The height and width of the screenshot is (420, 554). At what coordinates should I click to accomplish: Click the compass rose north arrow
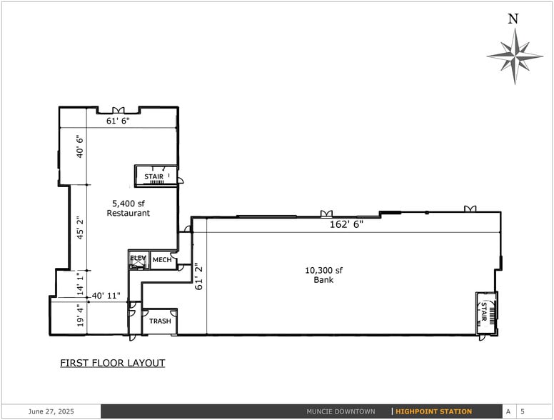click(x=514, y=54)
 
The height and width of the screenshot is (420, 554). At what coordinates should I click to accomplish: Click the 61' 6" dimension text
click(x=118, y=121)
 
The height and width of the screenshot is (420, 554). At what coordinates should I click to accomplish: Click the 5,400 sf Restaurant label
click(x=129, y=208)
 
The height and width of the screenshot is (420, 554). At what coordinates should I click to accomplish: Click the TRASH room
click(x=160, y=321)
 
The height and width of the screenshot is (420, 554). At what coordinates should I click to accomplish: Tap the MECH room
click(x=162, y=261)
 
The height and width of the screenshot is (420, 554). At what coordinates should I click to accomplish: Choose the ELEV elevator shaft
click(x=138, y=260)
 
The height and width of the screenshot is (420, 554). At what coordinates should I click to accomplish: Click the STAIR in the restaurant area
click(x=154, y=176)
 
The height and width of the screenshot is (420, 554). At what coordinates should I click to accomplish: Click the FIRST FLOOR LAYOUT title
click(x=113, y=363)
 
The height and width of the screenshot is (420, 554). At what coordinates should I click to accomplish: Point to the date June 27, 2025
click(x=51, y=411)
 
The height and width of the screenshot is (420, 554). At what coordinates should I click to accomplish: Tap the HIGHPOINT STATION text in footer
click(x=434, y=411)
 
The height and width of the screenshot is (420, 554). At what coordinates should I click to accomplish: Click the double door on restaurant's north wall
click(x=118, y=110)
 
